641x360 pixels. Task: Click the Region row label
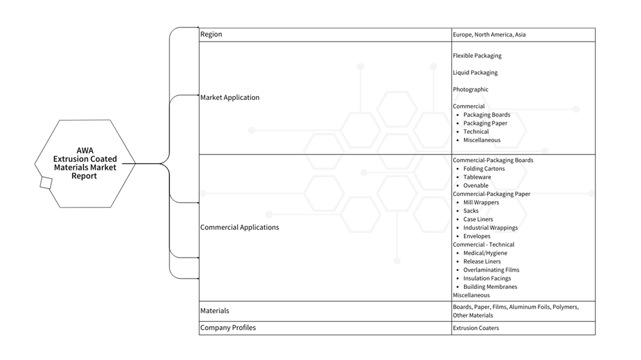click(x=211, y=35)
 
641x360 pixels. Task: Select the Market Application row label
click(x=229, y=98)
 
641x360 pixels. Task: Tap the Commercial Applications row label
click(x=239, y=227)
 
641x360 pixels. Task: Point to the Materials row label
click(x=214, y=311)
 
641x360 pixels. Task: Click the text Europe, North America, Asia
click(x=488, y=35)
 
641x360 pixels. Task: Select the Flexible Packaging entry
click(x=477, y=56)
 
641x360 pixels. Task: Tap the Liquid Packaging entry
click(x=475, y=72)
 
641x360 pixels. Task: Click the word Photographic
click(x=470, y=90)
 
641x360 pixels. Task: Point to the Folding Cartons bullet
click(x=484, y=168)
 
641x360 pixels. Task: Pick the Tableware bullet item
click(x=477, y=177)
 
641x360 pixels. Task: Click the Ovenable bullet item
click(x=476, y=186)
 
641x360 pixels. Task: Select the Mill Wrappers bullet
click(x=481, y=202)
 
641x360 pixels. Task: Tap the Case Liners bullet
click(x=478, y=219)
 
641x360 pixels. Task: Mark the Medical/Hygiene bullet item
click(x=482, y=253)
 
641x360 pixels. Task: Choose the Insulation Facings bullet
click(x=487, y=279)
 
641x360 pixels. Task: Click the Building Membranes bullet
click(x=490, y=287)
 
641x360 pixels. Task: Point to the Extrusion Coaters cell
click(x=476, y=328)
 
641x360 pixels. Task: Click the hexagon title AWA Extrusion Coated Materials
click(x=85, y=163)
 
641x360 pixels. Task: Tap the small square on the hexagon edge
click(x=46, y=183)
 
